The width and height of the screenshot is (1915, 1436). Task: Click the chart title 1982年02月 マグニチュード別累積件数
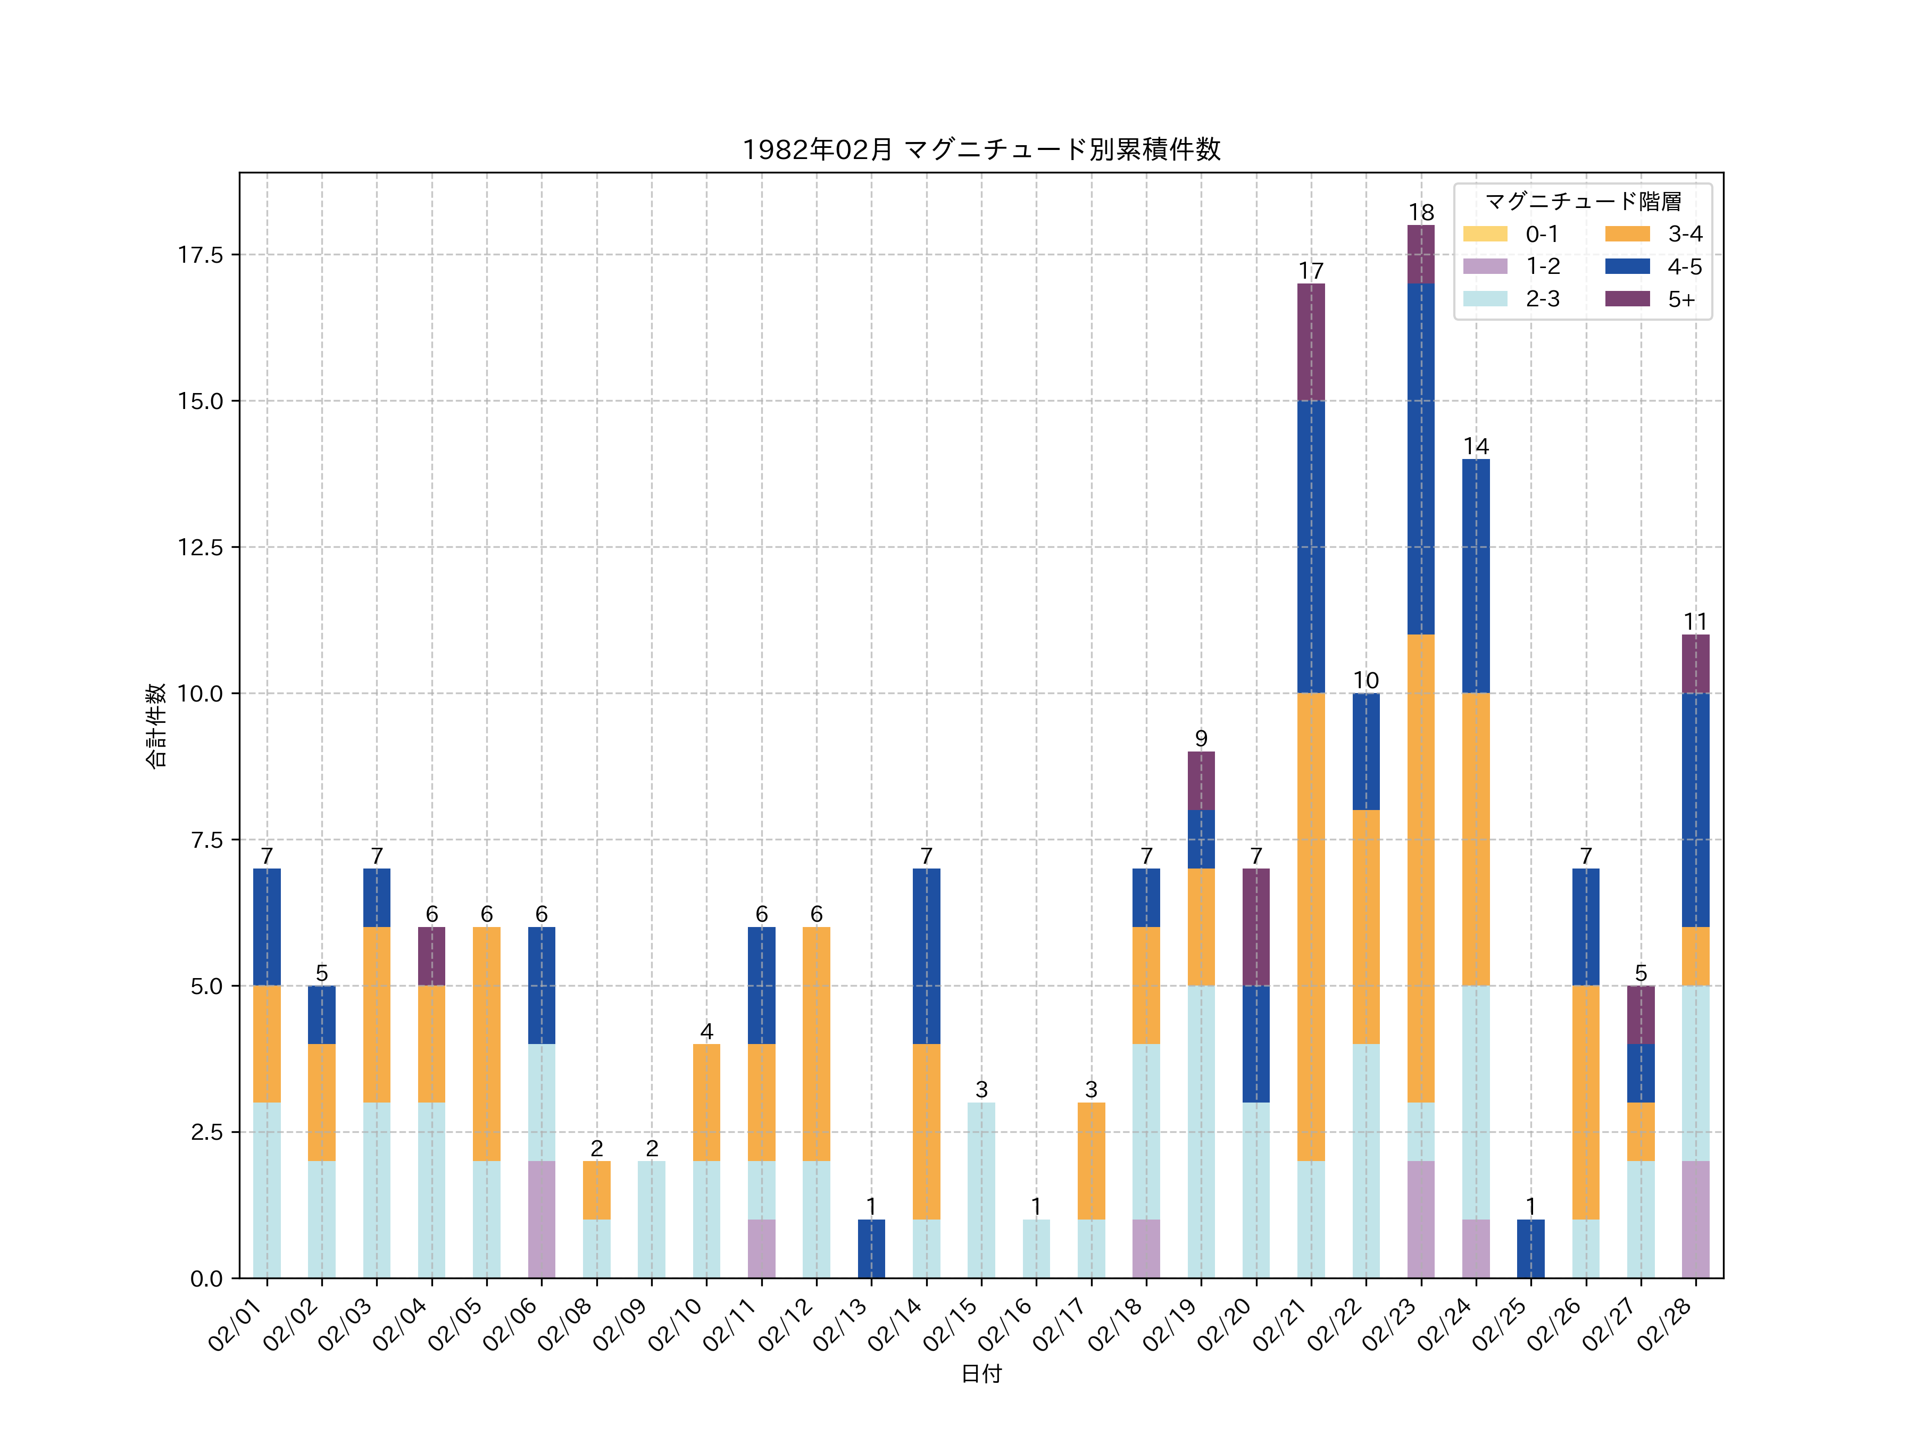coord(981,150)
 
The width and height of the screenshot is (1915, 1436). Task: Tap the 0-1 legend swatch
coord(1485,233)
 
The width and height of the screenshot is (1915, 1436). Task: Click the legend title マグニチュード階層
coord(1583,202)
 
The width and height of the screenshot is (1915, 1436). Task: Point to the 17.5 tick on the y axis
coord(201,254)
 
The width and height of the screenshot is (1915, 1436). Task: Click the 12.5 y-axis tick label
coord(201,547)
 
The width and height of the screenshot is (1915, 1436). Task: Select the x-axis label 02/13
coord(840,1324)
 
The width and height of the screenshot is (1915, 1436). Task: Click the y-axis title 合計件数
coord(156,725)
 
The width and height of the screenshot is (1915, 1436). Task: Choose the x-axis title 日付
coord(981,1374)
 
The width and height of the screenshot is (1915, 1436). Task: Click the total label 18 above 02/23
coord(1421,212)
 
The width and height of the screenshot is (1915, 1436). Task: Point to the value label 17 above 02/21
coord(1311,271)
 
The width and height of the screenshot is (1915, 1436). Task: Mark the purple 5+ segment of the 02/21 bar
coord(1311,342)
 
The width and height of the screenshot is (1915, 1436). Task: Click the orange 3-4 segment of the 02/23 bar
coord(1421,868)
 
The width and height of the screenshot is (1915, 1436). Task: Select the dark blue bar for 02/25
coord(1530,1248)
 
